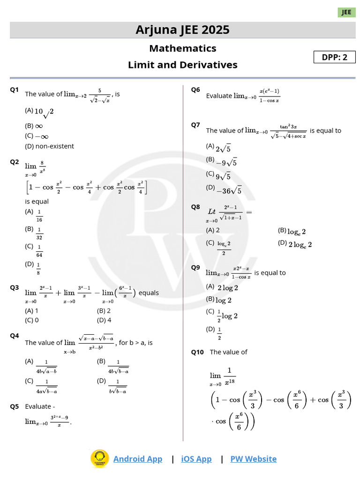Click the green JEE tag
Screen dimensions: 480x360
pyautogui.click(x=346, y=13)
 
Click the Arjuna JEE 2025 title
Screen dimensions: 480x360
pyautogui.click(x=182, y=30)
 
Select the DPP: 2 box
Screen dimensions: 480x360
pyautogui.click(x=334, y=57)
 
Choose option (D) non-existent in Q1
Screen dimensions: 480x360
pyautogui.click(x=49, y=146)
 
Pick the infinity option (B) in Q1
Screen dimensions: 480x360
pyautogui.click(x=34, y=126)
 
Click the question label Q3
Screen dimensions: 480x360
pyautogui.click(x=14, y=288)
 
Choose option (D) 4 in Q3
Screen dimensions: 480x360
pyautogui.click(x=104, y=321)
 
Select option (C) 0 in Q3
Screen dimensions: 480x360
pyautogui.click(x=31, y=321)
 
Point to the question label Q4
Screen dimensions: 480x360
pyautogui.click(x=14, y=336)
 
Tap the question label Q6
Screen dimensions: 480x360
pyautogui.click(x=195, y=90)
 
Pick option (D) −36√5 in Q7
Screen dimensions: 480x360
pyautogui.click(x=224, y=190)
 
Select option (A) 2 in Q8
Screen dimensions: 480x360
pyautogui.click(x=213, y=230)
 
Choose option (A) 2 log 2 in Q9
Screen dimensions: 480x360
pyautogui.click(x=222, y=287)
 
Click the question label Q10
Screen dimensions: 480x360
pyautogui.click(x=197, y=352)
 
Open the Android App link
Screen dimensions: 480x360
pyautogui.click(x=138, y=459)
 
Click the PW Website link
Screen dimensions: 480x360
pyautogui.click(x=253, y=459)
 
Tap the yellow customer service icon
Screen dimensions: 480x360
pyautogui.click(x=99, y=458)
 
